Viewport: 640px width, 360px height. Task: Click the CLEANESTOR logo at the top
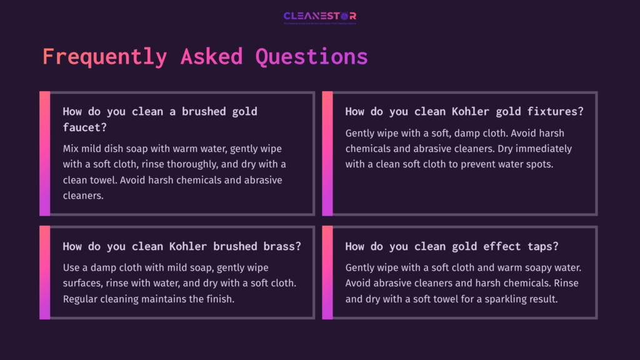pyautogui.click(x=320, y=17)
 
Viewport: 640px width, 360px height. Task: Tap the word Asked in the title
pyautogui.click(x=211, y=56)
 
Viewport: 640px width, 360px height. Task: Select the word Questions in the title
pyautogui.click(x=311, y=56)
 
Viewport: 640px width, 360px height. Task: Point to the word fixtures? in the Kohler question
pyautogui.click(x=555, y=112)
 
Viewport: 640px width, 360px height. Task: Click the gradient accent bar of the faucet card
pyautogui.click(x=44, y=153)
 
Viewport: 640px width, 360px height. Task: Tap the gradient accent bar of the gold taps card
pyautogui.click(x=327, y=272)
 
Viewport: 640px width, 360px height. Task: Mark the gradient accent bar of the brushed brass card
pyautogui.click(x=44, y=272)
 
